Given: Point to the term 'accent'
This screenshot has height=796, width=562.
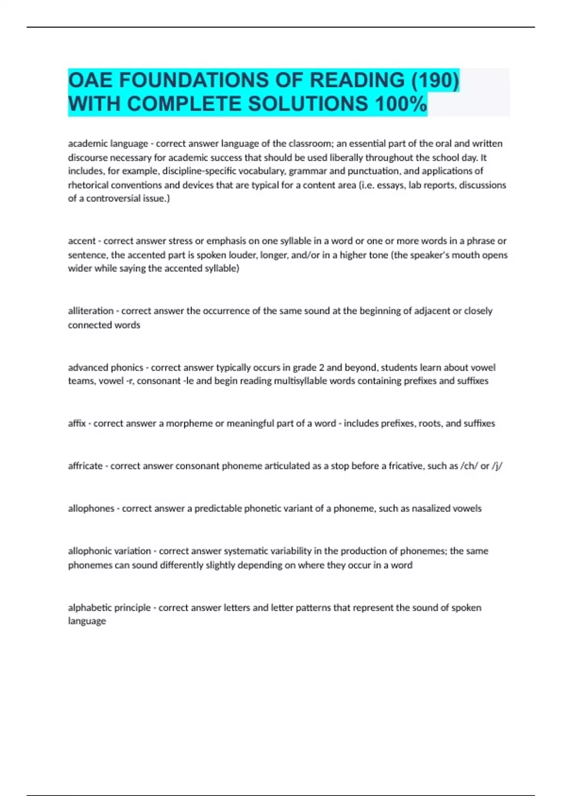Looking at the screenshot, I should (81, 241).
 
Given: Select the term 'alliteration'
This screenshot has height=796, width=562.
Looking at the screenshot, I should (91, 311).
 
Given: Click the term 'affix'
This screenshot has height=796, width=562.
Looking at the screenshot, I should (77, 423).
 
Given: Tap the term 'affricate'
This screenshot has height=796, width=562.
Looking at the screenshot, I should (85, 466).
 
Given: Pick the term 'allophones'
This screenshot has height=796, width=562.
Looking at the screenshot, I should (91, 509).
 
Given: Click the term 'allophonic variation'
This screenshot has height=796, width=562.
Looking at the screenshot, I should (109, 551).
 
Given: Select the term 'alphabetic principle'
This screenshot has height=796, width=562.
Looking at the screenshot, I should (109, 608).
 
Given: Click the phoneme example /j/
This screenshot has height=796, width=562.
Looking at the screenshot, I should (497, 466).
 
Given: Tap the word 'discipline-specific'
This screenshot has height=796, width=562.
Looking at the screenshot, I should (200, 171).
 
